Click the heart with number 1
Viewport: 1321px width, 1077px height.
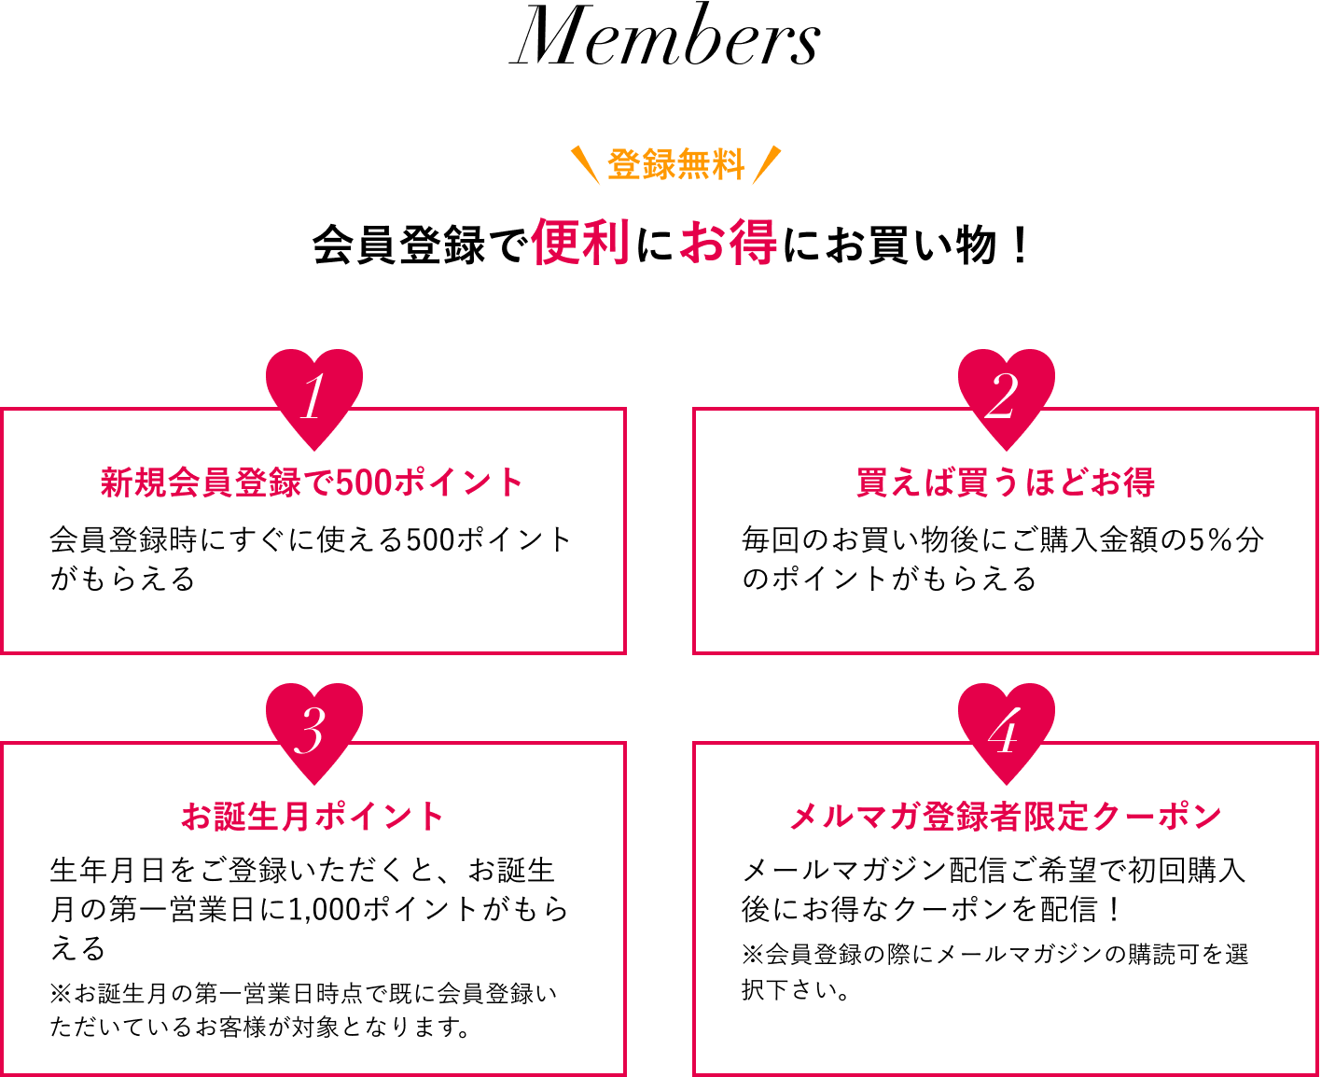pyautogui.click(x=314, y=397)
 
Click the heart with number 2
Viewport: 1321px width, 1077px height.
pyautogui.click(x=1006, y=397)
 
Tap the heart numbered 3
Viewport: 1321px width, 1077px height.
pyautogui.click(x=314, y=731)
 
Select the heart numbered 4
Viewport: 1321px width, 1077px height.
pyautogui.click(x=1006, y=731)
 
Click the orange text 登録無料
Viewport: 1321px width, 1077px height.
pyautogui.click(x=675, y=165)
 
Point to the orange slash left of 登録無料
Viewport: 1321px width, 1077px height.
pyautogui.click(x=586, y=165)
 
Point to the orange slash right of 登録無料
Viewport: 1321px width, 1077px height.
pyautogui.click(x=766, y=165)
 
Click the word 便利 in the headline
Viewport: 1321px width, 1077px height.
pyautogui.click(x=580, y=243)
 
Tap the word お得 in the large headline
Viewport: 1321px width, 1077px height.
pyautogui.click(x=729, y=243)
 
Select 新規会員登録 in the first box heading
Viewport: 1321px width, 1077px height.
pyautogui.click(x=202, y=483)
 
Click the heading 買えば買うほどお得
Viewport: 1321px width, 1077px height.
pyautogui.click(x=1006, y=483)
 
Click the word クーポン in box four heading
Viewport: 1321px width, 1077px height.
pyautogui.click(x=1157, y=817)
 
